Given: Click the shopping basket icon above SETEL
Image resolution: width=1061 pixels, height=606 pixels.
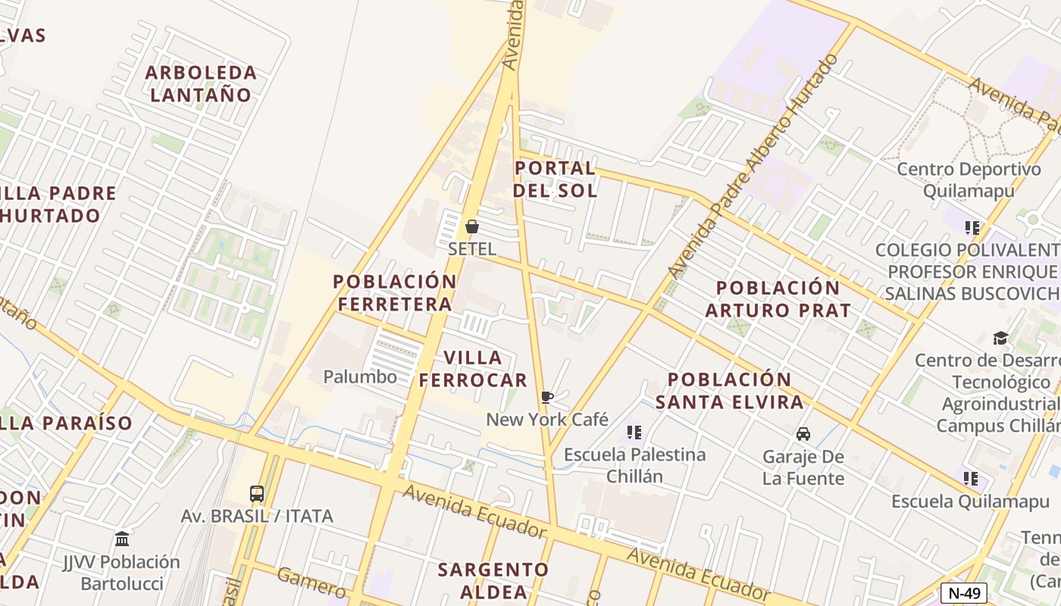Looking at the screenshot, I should coord(471,226).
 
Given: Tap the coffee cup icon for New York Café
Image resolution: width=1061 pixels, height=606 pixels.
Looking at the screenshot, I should coord(546,398).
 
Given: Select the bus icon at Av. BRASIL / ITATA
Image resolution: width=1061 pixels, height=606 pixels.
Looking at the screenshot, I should coord(257,494).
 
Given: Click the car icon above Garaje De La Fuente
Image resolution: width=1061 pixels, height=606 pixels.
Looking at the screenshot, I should coord(803,434).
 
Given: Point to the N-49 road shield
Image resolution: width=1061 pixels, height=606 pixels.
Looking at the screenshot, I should coord(964,593).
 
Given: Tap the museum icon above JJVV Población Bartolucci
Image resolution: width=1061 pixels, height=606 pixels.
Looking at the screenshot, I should coord(122,539).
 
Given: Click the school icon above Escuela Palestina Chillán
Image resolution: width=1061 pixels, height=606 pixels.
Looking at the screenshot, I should coord(634,433).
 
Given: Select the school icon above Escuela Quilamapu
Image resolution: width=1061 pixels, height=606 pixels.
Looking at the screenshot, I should coord(971,479).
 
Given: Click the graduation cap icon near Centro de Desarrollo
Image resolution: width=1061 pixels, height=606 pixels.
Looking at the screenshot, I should coord(1000,338).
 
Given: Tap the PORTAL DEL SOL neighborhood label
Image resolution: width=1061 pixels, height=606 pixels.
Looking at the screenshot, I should coord(555,179).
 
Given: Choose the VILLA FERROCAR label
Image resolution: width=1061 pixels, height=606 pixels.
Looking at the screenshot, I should coord(473,369).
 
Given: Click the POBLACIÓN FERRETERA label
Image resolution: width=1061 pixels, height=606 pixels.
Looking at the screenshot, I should coord(395,292).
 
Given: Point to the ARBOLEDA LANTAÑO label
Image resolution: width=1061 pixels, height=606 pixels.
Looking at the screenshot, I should coord(201,83).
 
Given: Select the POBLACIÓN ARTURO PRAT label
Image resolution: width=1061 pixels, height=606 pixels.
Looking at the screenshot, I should coord(778,298).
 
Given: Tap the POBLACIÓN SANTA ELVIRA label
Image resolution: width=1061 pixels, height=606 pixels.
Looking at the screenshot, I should coord(729,390).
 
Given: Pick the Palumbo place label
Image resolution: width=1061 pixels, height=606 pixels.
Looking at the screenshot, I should coord(360,376).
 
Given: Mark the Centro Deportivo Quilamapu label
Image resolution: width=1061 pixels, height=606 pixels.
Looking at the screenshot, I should coord(969,180).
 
